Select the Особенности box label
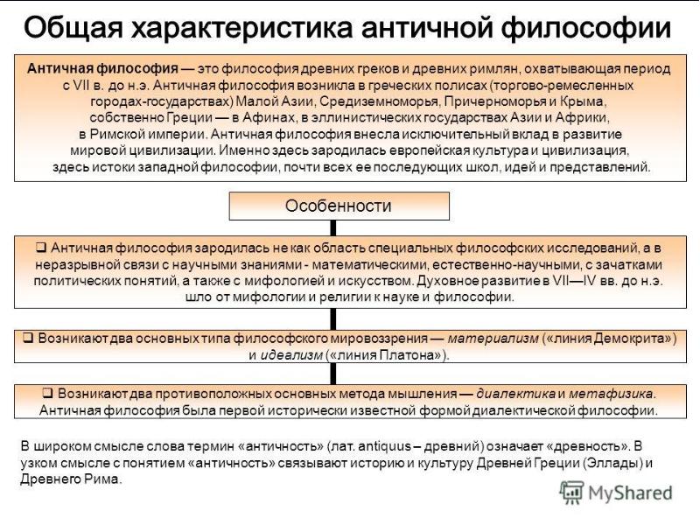click(x=339, y=206)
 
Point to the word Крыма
click(x=587, y=101)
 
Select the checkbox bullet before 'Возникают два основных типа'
click(x=27, y=339)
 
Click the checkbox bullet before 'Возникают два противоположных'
click(x=48, y=393)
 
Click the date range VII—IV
click(x=572, y=280)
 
